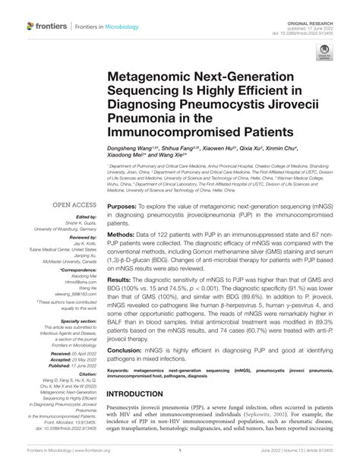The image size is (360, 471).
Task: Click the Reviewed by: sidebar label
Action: point(81,238)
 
